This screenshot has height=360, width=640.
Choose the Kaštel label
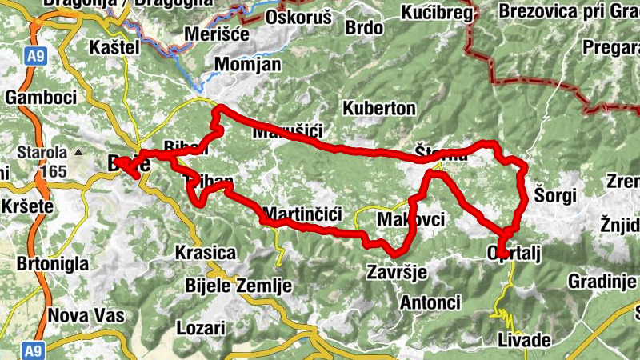[x=115, y=47]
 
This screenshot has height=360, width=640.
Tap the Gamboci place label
[x=40, y=97]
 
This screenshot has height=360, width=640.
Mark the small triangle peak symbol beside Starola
[x=78, y=152]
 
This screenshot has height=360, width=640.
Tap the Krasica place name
[x=205, y=254]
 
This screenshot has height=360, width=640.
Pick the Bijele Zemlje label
[x=227, y=286]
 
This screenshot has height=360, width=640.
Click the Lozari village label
[x=200, y=329]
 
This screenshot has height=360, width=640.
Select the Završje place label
[x=394, y=272]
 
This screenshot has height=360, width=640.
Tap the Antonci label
[x=430, y=303]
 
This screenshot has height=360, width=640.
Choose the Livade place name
[x=524, y=340]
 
